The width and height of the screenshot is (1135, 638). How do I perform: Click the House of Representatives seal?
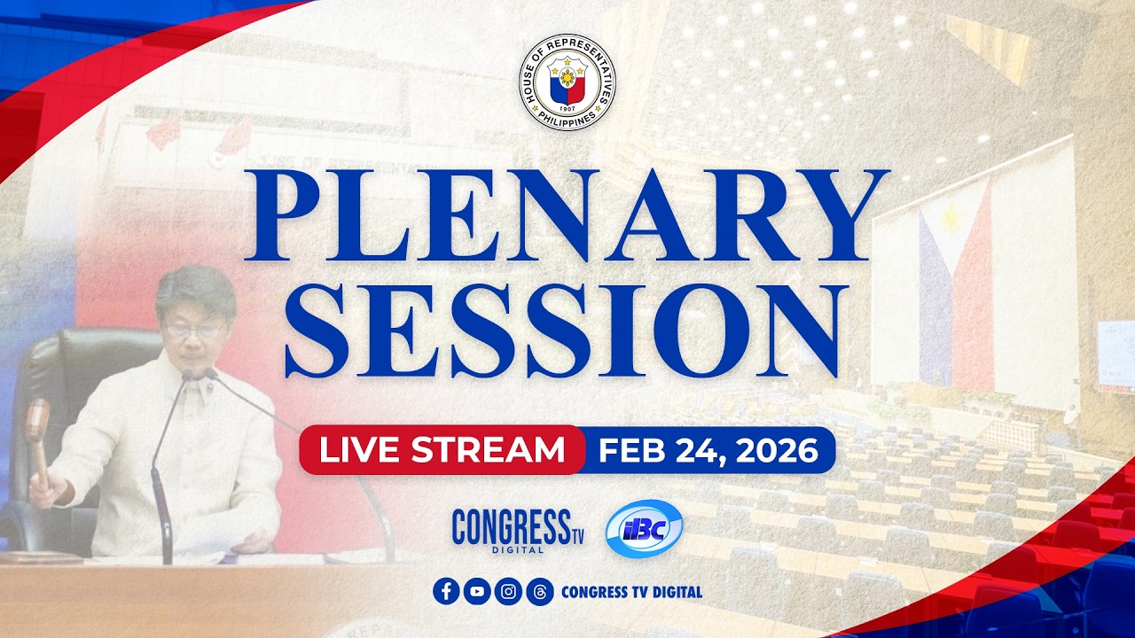(567, 82)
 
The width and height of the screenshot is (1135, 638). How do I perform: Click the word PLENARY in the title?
(567, 217)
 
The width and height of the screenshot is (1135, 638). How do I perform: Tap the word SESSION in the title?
(567, 331)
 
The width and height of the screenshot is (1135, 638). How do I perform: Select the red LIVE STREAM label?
(442, 450)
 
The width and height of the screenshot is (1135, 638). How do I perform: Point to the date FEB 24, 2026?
(708, 450)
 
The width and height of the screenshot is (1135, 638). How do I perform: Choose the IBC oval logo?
(644, 529)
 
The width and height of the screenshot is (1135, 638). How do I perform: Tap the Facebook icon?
(447, 591)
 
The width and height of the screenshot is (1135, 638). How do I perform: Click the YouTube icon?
(477, 591)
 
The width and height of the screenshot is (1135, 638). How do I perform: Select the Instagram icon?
(508, 591)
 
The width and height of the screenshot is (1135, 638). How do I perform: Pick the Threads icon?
(539, 591)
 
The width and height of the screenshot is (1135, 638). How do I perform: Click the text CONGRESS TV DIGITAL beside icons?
(631, 591)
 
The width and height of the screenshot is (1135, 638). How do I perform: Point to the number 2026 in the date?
(781, 450)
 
